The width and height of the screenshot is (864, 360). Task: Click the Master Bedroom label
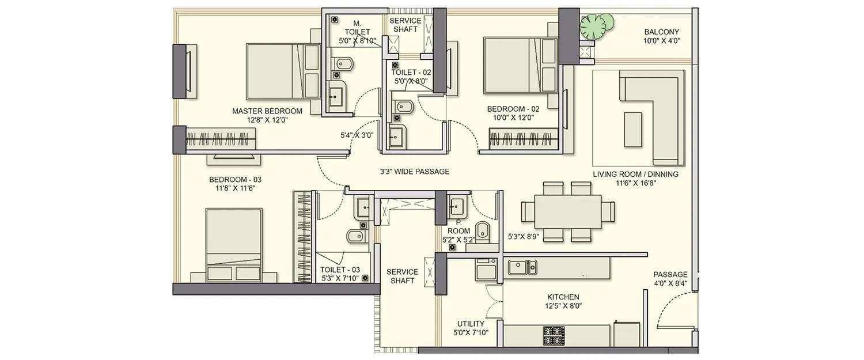(259, 115)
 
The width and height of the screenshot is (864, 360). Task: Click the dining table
(567, 211)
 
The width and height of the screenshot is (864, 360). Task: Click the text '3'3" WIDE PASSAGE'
(414, 172)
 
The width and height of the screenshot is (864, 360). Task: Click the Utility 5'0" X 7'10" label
(471, 328)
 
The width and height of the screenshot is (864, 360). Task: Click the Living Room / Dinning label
(635, 179)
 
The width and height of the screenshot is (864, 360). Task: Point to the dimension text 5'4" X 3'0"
(357, 136)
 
